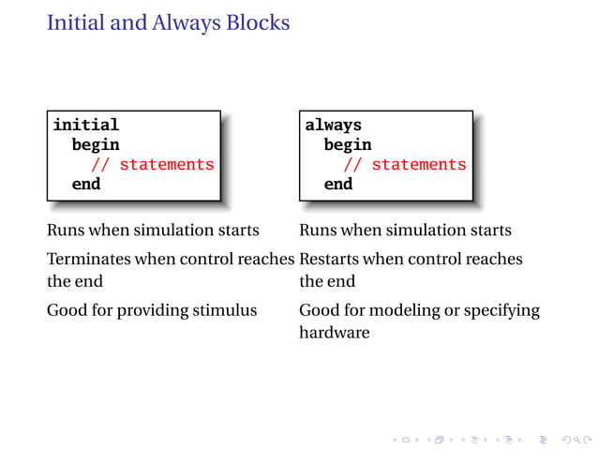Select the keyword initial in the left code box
tap(85, 125)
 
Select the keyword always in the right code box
tap(333, 125)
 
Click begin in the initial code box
tap(96, 144)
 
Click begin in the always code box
tap(348, 144)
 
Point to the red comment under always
tap(404, 164)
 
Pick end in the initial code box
tap(86, 184)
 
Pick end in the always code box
tap(338, 184)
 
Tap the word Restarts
tap(329, 259)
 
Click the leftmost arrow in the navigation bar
tap(395, 438)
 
